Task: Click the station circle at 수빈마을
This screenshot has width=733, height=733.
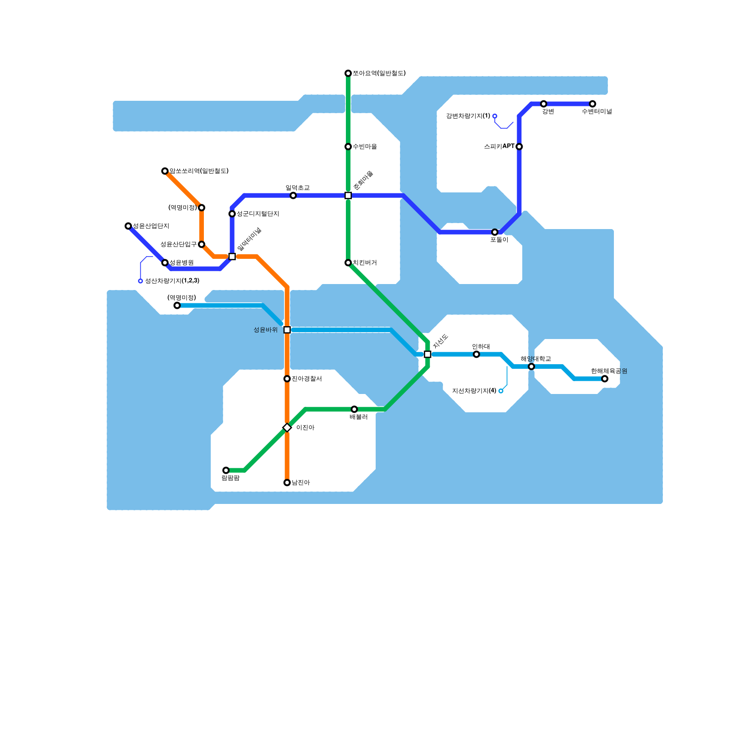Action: pyautogui.click(x=348, y=147)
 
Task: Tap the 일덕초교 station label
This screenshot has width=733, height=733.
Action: pyautogui.click(x=297, y=188)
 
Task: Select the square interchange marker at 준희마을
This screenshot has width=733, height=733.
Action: pyautogui.click(x=348, y=196)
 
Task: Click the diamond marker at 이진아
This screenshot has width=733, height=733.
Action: pyautogui.click(x=287, y=427)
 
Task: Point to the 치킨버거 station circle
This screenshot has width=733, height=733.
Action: pyautogui.click(x=348, y=263)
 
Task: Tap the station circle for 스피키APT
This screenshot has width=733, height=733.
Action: pyautogui.click(x=519, y=147)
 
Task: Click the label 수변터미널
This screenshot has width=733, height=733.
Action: pyautogui.click(x=596, y=111)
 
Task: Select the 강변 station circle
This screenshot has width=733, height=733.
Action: pyautogui.click(x=543, y=104)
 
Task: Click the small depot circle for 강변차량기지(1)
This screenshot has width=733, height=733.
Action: pyautogui.click(x=495, y=116)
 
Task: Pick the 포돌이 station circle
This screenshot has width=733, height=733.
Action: pyautogui.click(x=495, y=232)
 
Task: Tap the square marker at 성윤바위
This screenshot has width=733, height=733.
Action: pyautogui.click(x=287, y=330)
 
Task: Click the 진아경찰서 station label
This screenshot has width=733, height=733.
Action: pyautogui.click(x=306, y=379)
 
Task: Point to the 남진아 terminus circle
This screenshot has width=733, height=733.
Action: pyautogui.click(x=287, y=482)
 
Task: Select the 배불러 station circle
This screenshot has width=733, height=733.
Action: pyautogui.click(x=354, y=409)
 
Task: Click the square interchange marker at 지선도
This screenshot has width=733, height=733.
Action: pyautogui.click(x=427, y=354)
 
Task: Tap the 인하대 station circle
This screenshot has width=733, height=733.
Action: pyautogui.click(x=476, y=354)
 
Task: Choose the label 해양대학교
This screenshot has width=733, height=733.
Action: pyautogui.click(x=536, y=359)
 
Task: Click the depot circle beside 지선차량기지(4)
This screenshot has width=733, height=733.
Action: pyautogui.click(x=501, y=391)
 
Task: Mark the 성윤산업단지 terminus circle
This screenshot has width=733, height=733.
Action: pyautogui.click(x=128, y=226)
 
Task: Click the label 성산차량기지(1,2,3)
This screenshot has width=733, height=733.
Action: pyautogui.click(x=172, y=281)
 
